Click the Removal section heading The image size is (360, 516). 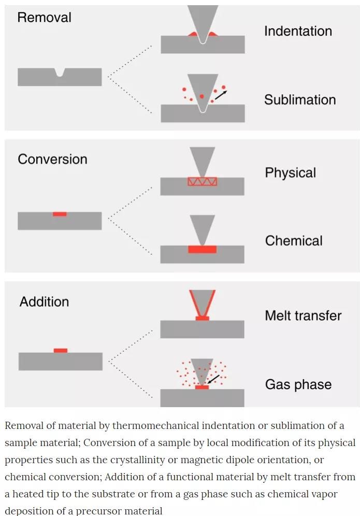(44, 17)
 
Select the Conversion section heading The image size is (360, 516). (52, 159)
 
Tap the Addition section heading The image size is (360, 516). (44, 302)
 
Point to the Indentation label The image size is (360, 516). (298, 31)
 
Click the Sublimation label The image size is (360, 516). (300, 99)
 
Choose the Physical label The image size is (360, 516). (290, 173)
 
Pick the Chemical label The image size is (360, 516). (294, 240)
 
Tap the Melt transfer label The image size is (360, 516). (303, 316)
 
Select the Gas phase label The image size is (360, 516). (298, 384)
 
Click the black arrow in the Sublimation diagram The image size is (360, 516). (220, 95)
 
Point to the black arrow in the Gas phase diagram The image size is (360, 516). (213, 379)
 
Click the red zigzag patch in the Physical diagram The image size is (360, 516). (202, 181)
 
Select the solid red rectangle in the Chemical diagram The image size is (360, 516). (202, 249)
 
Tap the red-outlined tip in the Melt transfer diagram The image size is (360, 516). (202, 303)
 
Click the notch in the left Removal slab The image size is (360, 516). (60, 73)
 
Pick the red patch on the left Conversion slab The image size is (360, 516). (60, 213)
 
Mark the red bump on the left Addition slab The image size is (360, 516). (61, 351)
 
